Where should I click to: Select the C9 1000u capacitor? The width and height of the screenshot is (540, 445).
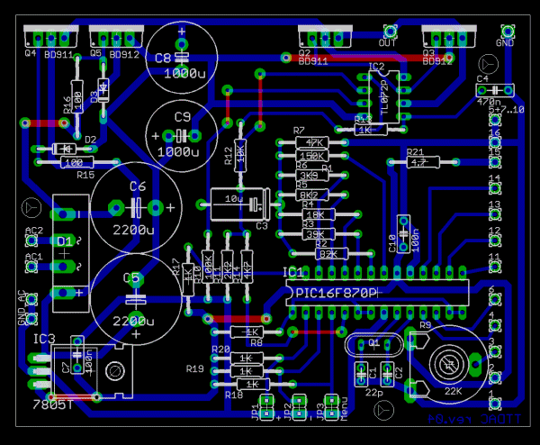click(184, 134)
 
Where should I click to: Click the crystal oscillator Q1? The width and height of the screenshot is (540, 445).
click(373, 344)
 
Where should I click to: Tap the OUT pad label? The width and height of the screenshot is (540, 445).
click(388, 43)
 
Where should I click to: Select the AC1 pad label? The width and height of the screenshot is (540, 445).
click(33, 257)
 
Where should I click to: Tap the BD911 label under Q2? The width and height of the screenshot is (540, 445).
click(312, 61)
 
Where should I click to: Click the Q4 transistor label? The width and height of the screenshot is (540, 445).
click(30, 52)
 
